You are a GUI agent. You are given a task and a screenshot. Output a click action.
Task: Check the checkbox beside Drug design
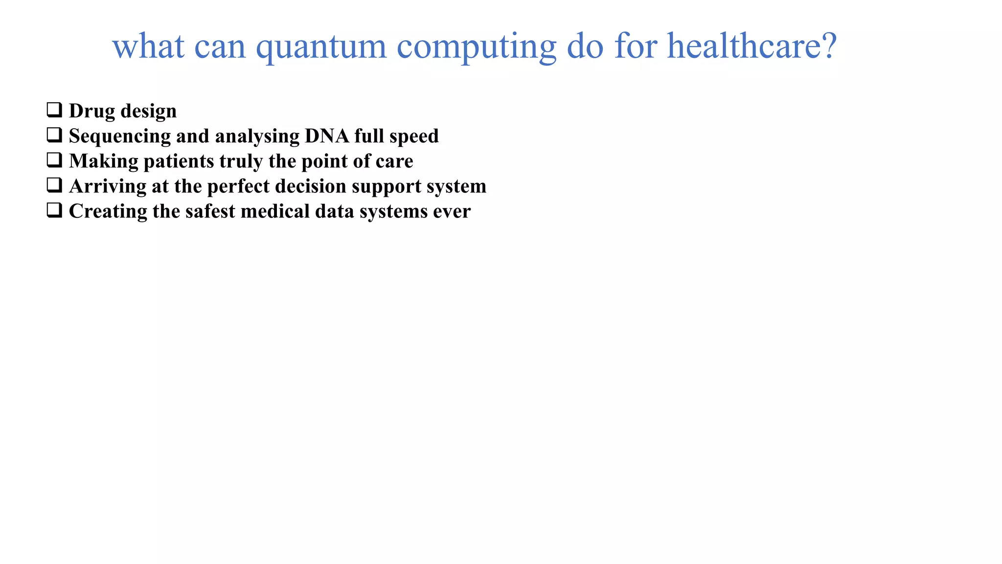(x=54, y=110)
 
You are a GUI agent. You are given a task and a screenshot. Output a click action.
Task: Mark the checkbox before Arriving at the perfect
(x=54, y=185)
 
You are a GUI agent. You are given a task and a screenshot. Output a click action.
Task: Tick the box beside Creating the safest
(x=54, y=210)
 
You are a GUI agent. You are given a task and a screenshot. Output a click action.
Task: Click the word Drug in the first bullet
(x=91, y=111)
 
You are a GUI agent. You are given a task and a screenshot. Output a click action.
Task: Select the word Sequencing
(x=120, y=137)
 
